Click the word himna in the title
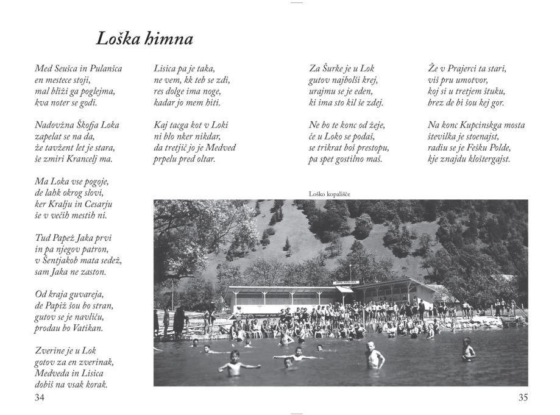tap(170, 40)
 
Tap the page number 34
tap(40, 398)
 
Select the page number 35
tap(523, 398)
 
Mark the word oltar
tap(202, 160)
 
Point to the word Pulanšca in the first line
tap(102, 68)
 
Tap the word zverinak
tap(96, 362)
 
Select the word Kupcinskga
tap(481, 126)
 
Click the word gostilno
tap(350, 160)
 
